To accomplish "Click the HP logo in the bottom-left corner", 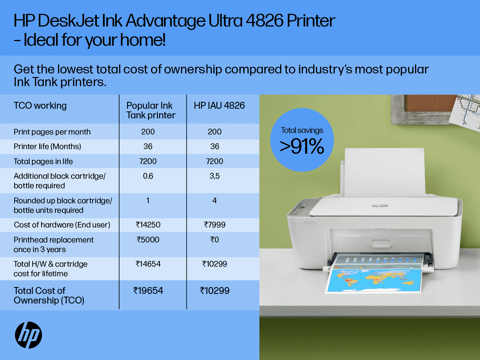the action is pos(28,335).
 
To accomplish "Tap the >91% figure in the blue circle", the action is pos(302,146).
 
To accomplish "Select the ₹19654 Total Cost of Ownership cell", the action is pos(148,291).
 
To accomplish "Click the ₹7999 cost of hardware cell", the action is pos(214,225).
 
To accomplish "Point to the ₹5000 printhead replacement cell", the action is pos(148,240).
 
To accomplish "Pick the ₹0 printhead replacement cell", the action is pos(214,240).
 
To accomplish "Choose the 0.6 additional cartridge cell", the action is pos(148,176).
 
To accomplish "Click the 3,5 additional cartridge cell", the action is pos(214,176).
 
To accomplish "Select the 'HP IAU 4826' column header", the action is pos(219,106).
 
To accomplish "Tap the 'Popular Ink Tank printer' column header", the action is pos(151,110).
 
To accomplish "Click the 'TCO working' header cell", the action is pos(40,106).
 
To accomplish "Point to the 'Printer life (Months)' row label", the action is pos(47,146).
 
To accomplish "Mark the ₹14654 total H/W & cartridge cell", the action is pos(148,264).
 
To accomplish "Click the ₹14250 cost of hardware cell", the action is pos(148,225).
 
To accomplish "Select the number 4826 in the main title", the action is pos(265,21).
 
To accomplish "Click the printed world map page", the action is pos(373,280).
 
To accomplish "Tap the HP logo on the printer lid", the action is pos(380,206).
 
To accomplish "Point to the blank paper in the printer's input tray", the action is pos(384,173).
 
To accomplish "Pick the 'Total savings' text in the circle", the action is pos(302,130).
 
